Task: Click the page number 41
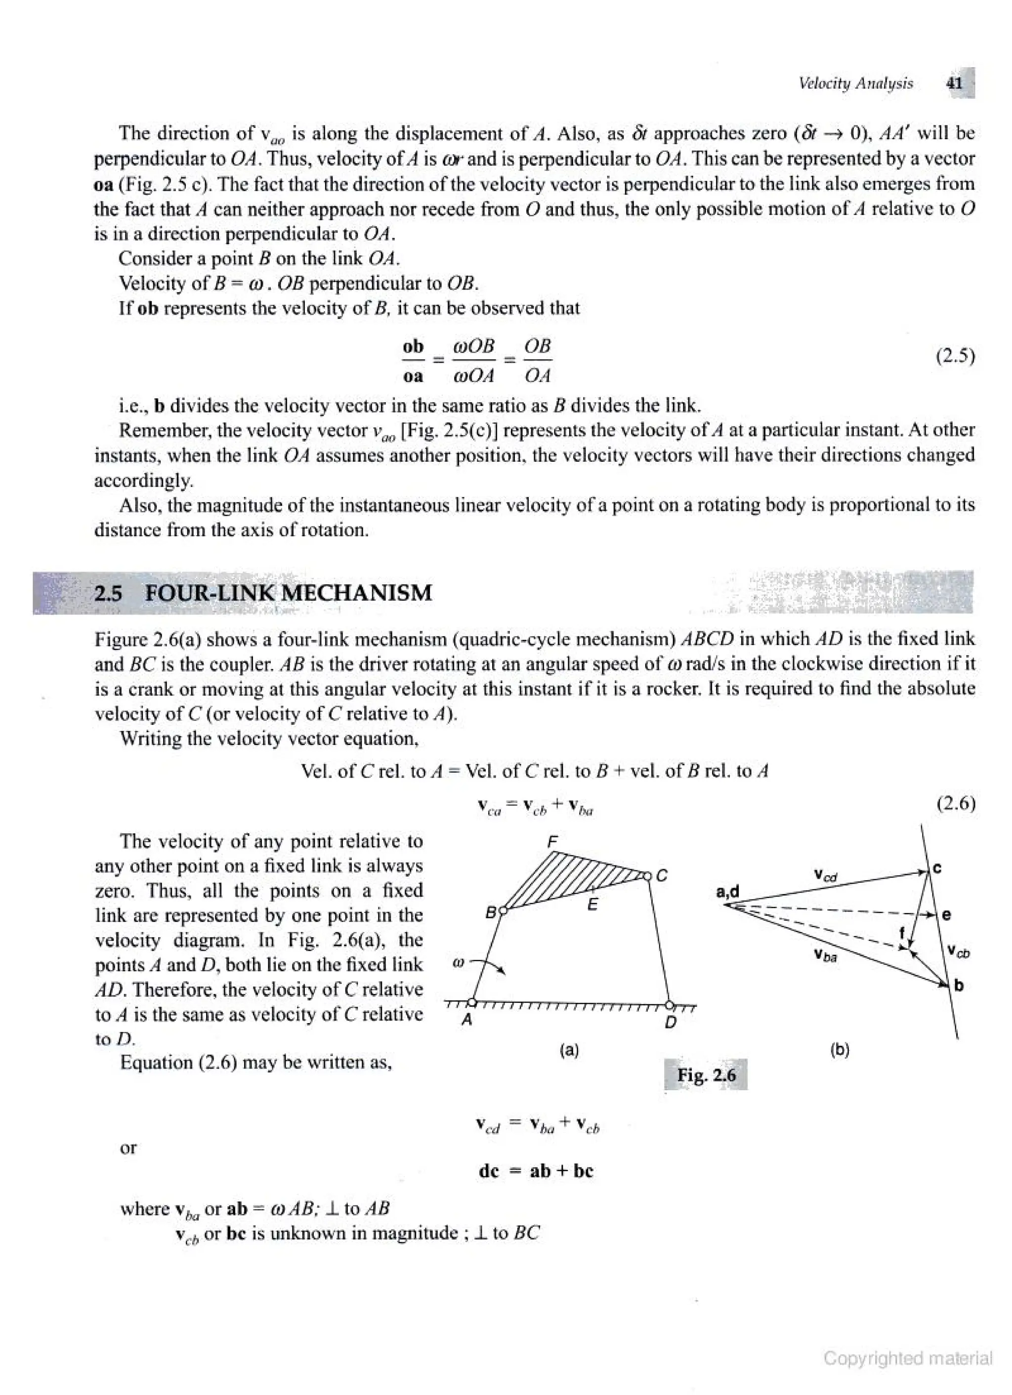pos(954,83)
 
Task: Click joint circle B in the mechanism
pos(503,911)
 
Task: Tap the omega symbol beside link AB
pos(457,964)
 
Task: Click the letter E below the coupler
pos(592,904)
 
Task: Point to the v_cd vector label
pos(826,873)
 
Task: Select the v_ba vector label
pos(824,955)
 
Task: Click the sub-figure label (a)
pos(569,1050)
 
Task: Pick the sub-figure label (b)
pos(839,1050)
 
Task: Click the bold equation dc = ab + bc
pos(535,1171)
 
